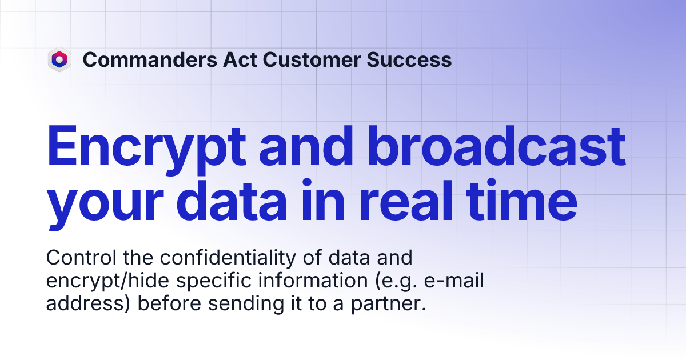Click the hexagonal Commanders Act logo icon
pos(59,59)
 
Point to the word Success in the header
pos(410,59)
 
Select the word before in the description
pos(169,304)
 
